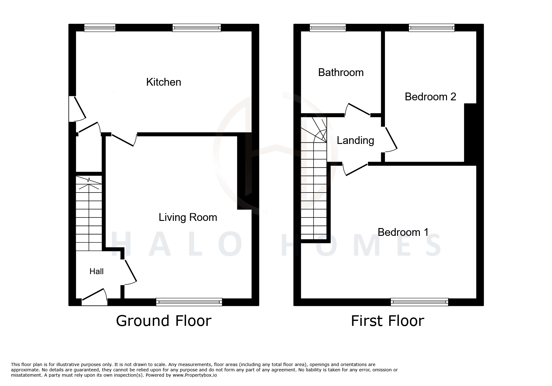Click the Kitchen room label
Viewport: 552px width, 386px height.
(164, 82)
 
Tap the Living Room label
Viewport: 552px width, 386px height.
(188, 217)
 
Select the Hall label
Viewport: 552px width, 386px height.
(96, 272)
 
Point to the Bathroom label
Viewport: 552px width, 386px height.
(341, 73)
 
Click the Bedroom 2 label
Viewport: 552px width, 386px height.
(430, 97)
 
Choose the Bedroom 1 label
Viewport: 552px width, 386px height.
(403, 232)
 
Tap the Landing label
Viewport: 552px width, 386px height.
(355, 141)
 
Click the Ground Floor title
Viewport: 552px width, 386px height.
(164, 321)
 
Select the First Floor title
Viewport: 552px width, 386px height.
(387, 321)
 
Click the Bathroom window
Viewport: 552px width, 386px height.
(328, 28)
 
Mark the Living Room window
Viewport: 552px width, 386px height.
(189, 302)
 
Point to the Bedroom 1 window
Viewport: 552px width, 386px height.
(419, 302)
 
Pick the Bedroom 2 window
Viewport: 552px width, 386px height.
(432, 28)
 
